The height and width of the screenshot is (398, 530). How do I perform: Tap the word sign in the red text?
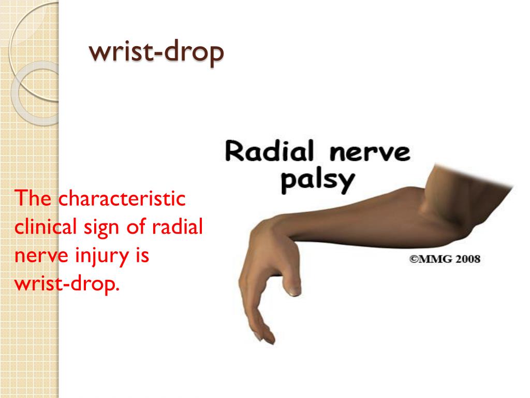tap(108, 229)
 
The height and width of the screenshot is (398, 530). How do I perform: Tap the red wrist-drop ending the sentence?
tap(67, 285)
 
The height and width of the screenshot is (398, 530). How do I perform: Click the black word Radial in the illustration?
tap(269, 153)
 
